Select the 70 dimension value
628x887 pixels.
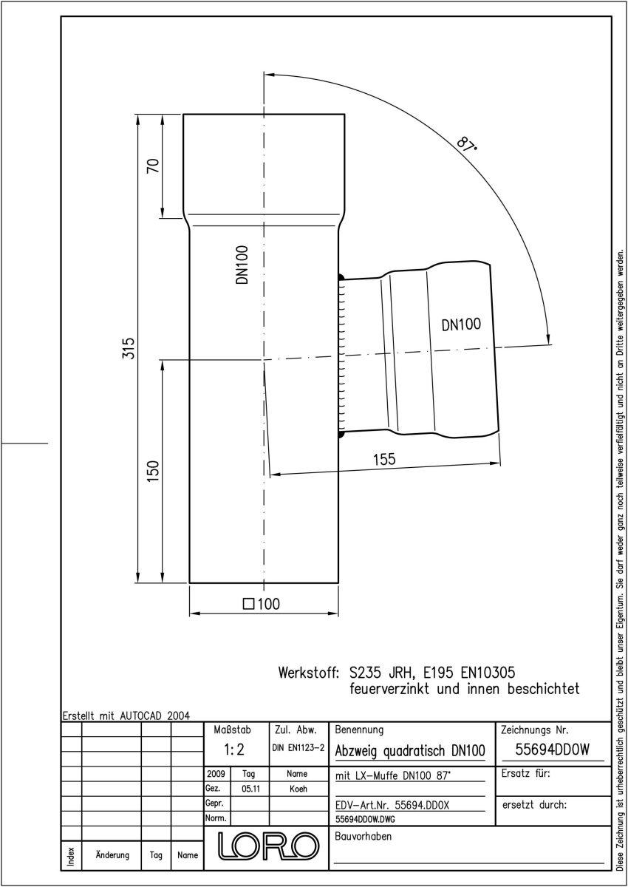[153, 166]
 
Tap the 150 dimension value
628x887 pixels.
[153, 471]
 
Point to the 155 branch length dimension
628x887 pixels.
[384, 459]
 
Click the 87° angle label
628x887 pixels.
[467, 145]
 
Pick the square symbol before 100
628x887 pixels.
[248, 604]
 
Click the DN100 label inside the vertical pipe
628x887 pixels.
[242, 265]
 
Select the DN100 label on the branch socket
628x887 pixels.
[461, 324]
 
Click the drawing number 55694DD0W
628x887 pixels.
[553, 750]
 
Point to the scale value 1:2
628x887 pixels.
[234, 750]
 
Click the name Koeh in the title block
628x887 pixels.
[298, 789]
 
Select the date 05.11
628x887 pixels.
[251, 789]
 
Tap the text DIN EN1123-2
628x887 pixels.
[298, 747]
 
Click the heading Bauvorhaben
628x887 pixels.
[364, 836]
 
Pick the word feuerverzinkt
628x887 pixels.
[389, 689]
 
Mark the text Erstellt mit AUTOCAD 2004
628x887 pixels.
[126, 716]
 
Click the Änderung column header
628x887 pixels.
[112, 855]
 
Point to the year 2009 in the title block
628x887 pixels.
[216, 774]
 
